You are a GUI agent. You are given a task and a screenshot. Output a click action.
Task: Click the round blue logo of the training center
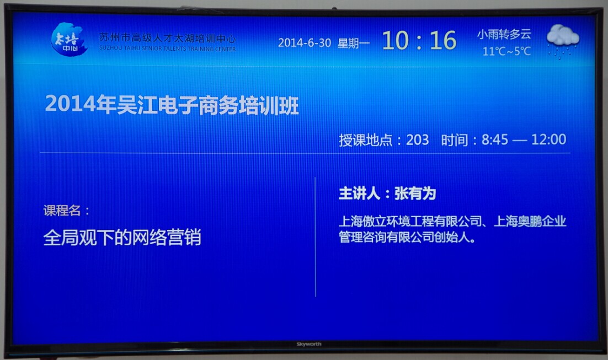coord(69,39)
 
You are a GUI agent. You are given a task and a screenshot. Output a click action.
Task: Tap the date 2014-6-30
coord(305,42)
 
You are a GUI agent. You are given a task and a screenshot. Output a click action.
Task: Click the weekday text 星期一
coord(353,43)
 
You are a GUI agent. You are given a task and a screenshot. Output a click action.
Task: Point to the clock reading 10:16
coord(419,40)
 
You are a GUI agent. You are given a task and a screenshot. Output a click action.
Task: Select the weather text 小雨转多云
coord(504,34)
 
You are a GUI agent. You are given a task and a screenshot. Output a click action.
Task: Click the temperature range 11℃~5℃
coord(506,51)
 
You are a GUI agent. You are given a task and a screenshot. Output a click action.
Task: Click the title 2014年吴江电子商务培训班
coord(172,105)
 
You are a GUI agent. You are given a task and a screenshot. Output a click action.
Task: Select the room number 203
coord(417,139)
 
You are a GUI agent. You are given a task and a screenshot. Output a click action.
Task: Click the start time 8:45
coord(495,139)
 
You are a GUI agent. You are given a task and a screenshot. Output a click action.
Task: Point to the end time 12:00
coord(548,139)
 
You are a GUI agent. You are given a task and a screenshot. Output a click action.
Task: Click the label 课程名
coord(62,211)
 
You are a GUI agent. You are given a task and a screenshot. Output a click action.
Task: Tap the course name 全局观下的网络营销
coord(122,237)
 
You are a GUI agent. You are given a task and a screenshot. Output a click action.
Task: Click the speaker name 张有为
coord(415,194)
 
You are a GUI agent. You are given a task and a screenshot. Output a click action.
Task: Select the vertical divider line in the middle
coord(316,237)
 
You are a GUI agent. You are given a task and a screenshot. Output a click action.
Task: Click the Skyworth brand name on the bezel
coord(309,344)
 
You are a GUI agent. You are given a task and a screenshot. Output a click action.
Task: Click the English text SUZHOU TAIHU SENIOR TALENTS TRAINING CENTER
coord(168,49)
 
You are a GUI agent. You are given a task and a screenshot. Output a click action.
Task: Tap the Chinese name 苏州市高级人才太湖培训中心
coord(168,38)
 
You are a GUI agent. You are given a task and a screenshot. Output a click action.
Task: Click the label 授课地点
coord(366,140)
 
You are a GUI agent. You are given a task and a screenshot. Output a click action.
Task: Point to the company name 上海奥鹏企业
coord(530,221)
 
